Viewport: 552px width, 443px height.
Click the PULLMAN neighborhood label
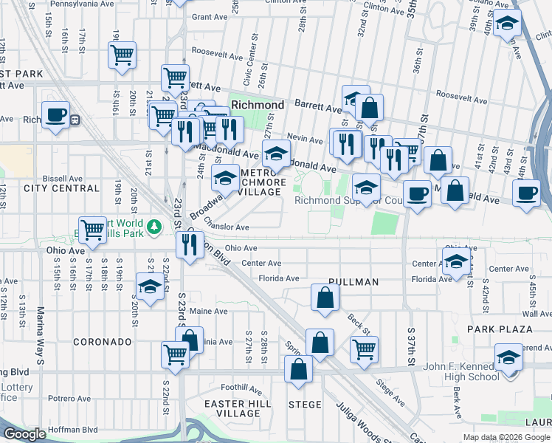click(x=354, y=282)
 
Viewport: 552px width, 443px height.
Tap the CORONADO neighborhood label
click(x=103, y=343)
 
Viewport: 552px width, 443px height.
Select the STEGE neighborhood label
click(x=305, y=405)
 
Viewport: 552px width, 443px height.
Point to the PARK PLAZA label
click(x=500, y=329)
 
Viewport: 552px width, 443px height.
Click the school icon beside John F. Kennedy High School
click(x=508, y=357)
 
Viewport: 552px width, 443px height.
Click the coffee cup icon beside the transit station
click(x=56, y=115)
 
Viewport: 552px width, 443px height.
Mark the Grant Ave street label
click(x=207, y=16)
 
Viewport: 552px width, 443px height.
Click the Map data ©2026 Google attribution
click(x=506, y=437)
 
